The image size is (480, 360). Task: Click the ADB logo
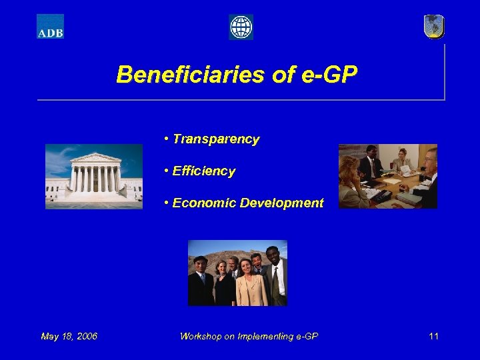(x=50, y=27)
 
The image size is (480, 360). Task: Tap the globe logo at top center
(x=241, y=27)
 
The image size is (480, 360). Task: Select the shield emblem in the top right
(x=434, y=27)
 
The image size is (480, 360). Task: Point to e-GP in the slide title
(x=331, y=74)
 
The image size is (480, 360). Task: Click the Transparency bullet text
(x=215, y=139)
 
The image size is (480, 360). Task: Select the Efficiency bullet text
(x=203, y=171)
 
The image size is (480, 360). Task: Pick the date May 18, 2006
(x=69, y=336)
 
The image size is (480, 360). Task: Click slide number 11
(x=433, y=336)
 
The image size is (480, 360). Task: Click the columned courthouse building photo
(x=94, y=176)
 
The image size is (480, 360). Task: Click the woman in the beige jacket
(x=249, y=283)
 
